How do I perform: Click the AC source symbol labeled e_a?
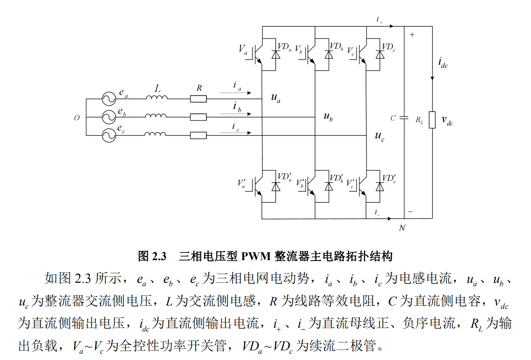pos(109,99)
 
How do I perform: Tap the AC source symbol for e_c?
pos(109,135)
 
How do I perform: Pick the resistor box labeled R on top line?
pos(199,99)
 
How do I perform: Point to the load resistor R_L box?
pos(432,120)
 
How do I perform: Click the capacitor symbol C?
pos(404,118)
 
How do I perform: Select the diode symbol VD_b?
pos(328,54)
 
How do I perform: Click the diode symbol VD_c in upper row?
pos(380,54)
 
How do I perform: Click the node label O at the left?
pos(77,118)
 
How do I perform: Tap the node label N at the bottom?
pos(402,228)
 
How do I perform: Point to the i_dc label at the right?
pos(443,63)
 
